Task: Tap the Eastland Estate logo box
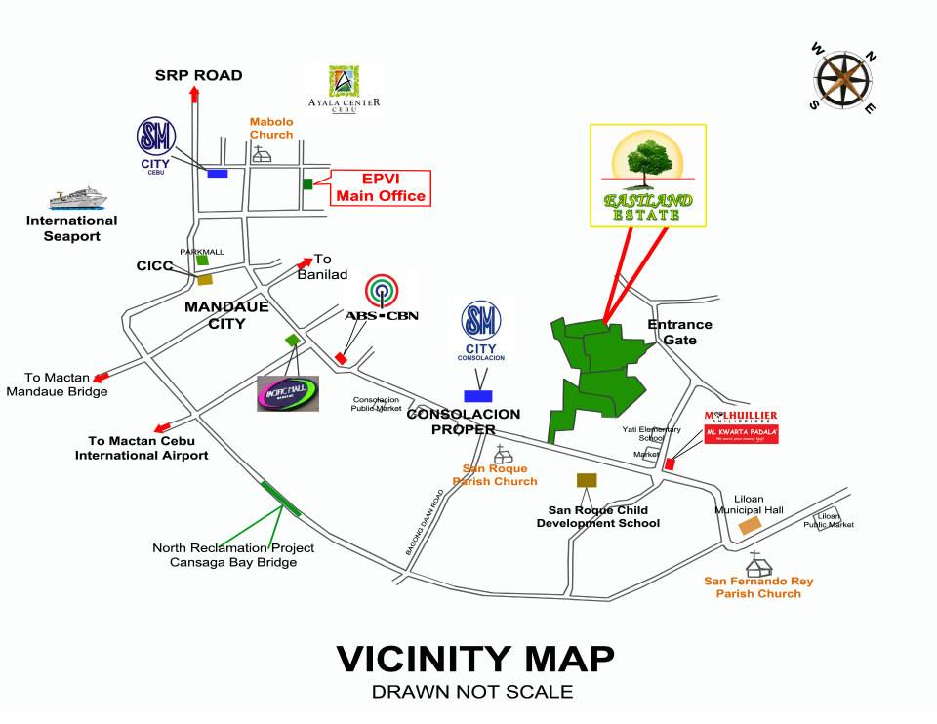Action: [648, 176]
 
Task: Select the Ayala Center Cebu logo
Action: [344, 90]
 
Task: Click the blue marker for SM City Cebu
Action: [218, 174]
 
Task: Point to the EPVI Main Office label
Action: [381, 187]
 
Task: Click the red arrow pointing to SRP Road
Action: [194, 95]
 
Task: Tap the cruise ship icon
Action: [77, 197]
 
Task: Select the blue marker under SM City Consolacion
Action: [478, 395]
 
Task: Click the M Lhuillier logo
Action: [741, 427]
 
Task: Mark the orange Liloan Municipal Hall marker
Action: [750, 525]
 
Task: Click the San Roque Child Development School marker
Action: [587, 480]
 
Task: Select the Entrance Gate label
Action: [679, 332]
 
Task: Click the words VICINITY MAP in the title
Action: [475, 660]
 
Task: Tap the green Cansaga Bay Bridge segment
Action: [281, 497]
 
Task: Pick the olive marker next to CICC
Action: [205, 279]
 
